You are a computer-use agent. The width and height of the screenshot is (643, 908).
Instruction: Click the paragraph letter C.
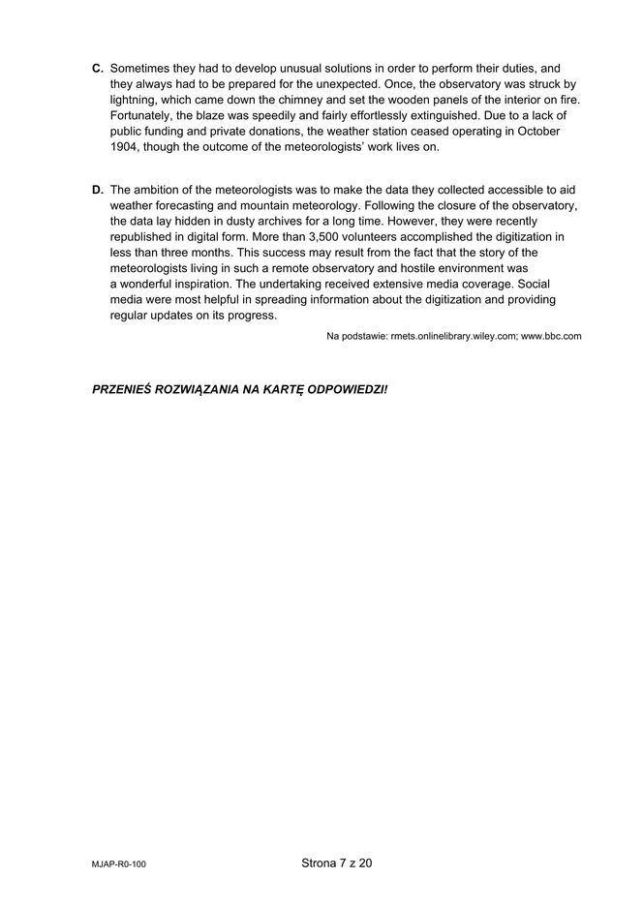pos(97,69)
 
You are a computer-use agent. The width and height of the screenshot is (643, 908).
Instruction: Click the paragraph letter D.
pos(97,190)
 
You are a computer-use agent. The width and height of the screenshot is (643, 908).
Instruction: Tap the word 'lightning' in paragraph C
pos(135,101)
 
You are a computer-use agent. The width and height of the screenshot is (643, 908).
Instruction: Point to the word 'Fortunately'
pos(142,116)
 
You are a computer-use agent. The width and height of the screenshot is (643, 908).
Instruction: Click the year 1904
pos(124,147)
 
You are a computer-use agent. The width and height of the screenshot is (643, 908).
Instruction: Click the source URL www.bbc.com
pos(551,336)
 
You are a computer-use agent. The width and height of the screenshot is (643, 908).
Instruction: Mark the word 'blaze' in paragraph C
pos(218,116)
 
